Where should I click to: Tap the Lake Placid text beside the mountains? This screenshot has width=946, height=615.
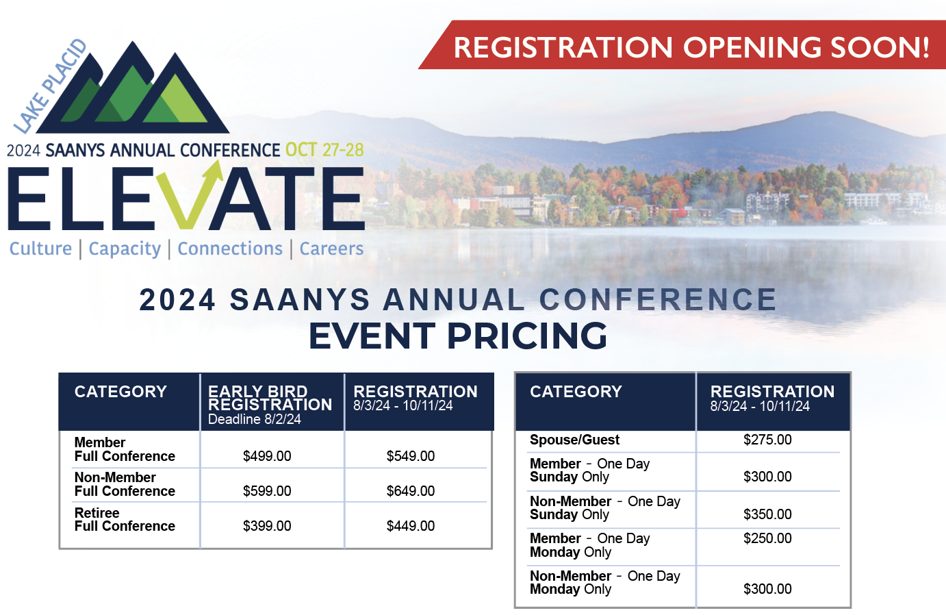point(50,86)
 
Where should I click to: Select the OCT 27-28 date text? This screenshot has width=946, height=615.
point(324,150)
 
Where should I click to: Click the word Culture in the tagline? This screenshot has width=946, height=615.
point(40,249)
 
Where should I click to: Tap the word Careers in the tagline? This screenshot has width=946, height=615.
point(331,249)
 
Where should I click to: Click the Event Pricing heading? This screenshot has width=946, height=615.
point(458,336)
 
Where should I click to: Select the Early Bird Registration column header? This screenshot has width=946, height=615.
point(270,398)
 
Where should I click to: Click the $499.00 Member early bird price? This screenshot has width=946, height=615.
point(267,456)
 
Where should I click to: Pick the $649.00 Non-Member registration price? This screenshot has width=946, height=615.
point(411,491)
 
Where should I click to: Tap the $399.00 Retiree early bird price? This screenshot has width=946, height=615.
point(267,526)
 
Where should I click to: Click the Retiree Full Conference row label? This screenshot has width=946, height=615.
point(125,520)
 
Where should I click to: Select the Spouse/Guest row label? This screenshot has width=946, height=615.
point(574,440)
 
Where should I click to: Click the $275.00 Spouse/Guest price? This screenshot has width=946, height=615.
point(767,440)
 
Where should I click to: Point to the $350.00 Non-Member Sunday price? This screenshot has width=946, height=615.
point(767,514)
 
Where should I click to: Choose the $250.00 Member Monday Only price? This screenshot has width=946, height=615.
point(767,538)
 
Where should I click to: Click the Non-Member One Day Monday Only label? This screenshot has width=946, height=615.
point(604,583)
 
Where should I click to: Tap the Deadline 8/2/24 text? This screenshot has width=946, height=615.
point(254,419)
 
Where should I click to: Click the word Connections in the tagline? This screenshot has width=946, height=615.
point(230,249)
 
